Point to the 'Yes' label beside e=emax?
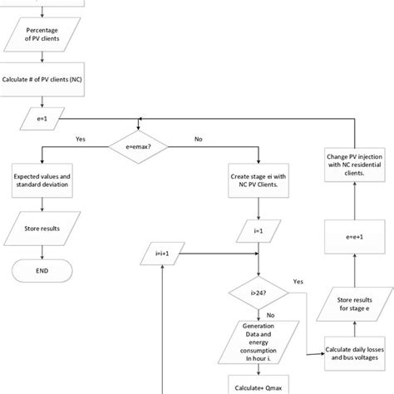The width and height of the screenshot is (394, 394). pyautogui.click(x=81, y=140)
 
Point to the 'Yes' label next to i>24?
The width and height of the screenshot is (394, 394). pyautogui.click(x=298, y=282)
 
